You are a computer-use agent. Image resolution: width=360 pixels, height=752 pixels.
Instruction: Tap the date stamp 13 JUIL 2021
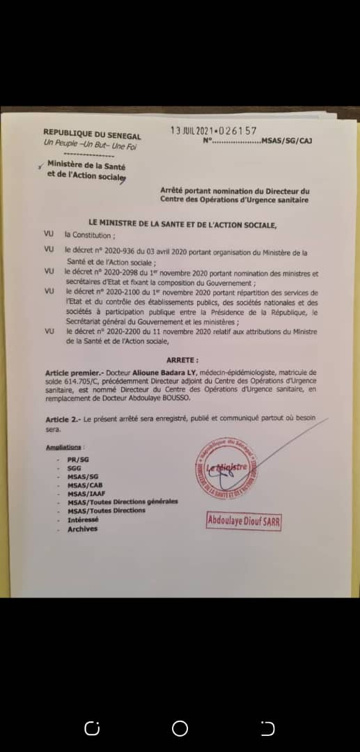pos(193,130)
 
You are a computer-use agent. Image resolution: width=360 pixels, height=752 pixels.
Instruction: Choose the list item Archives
pos(82,529)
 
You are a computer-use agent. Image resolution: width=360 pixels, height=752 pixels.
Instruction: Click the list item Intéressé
pos(83,519)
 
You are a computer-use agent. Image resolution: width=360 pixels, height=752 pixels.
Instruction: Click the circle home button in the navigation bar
pos(180,728)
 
